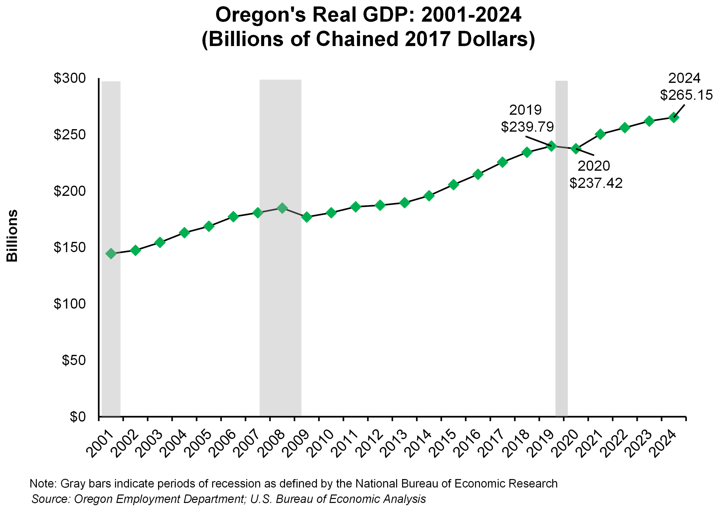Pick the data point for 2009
click(x=306, y=217)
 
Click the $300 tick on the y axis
click(x=70, y=78)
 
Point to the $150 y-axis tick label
click(x=70, y=248)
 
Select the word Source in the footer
click(x=51, y=499)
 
